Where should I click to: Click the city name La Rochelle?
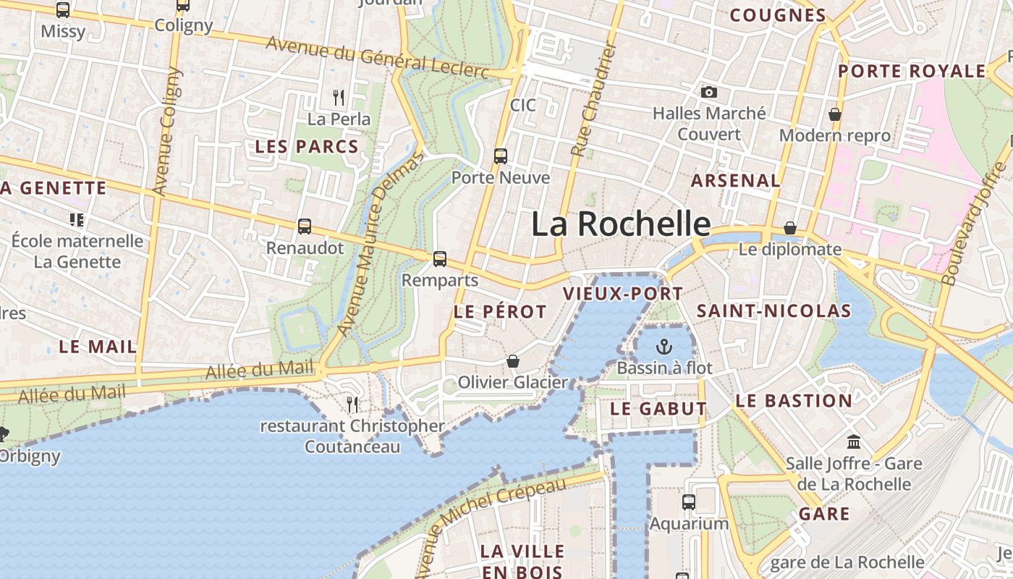point(621,224)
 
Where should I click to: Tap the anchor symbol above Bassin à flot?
point(664,347)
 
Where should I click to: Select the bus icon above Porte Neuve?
point(500,156)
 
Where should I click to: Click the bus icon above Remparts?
point(439,258)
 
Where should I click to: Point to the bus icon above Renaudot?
point(305,227)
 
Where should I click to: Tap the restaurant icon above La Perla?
point(338,96)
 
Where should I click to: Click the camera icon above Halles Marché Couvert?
point(709,92)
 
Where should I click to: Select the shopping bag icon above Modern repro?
point(835,114)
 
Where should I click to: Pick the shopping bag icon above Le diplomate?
point(790,228)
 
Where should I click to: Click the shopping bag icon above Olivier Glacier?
point(513,360)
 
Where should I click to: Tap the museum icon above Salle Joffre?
point(854,441)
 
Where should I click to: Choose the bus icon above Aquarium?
point(688,502)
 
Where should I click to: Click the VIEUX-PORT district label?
point(622,294)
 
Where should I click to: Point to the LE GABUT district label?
point(658,408)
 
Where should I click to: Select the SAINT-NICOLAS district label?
point(773,311)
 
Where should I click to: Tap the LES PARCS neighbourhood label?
point(307,146)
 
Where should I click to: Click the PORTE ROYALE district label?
point(912,71)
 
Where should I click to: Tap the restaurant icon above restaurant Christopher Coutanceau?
point(352,404)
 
